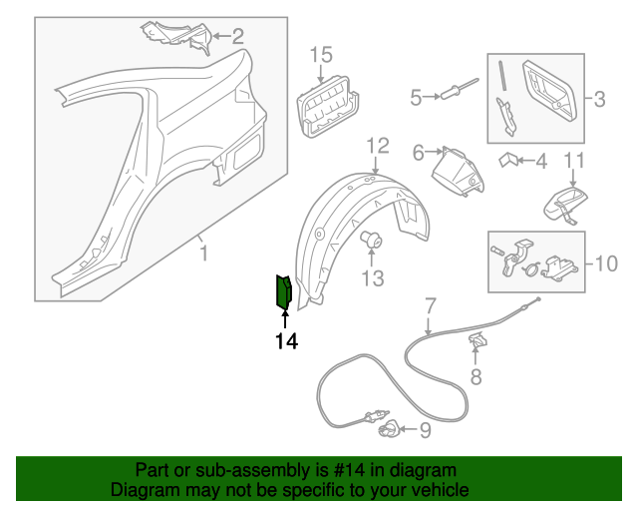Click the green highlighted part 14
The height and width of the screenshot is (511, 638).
[282, 292]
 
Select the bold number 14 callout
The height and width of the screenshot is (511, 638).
[286, 341]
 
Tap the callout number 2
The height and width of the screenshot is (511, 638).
[237, 37]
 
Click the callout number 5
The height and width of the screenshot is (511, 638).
[416, 97]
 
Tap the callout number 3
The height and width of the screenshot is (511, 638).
[599, 98]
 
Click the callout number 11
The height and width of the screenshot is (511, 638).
[575, 161]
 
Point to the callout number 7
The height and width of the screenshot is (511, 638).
[430, 304]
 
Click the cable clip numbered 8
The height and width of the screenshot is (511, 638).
[478, 342]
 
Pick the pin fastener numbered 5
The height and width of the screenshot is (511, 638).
[460, 93]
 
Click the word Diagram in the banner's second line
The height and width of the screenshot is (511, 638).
[142, 490]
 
